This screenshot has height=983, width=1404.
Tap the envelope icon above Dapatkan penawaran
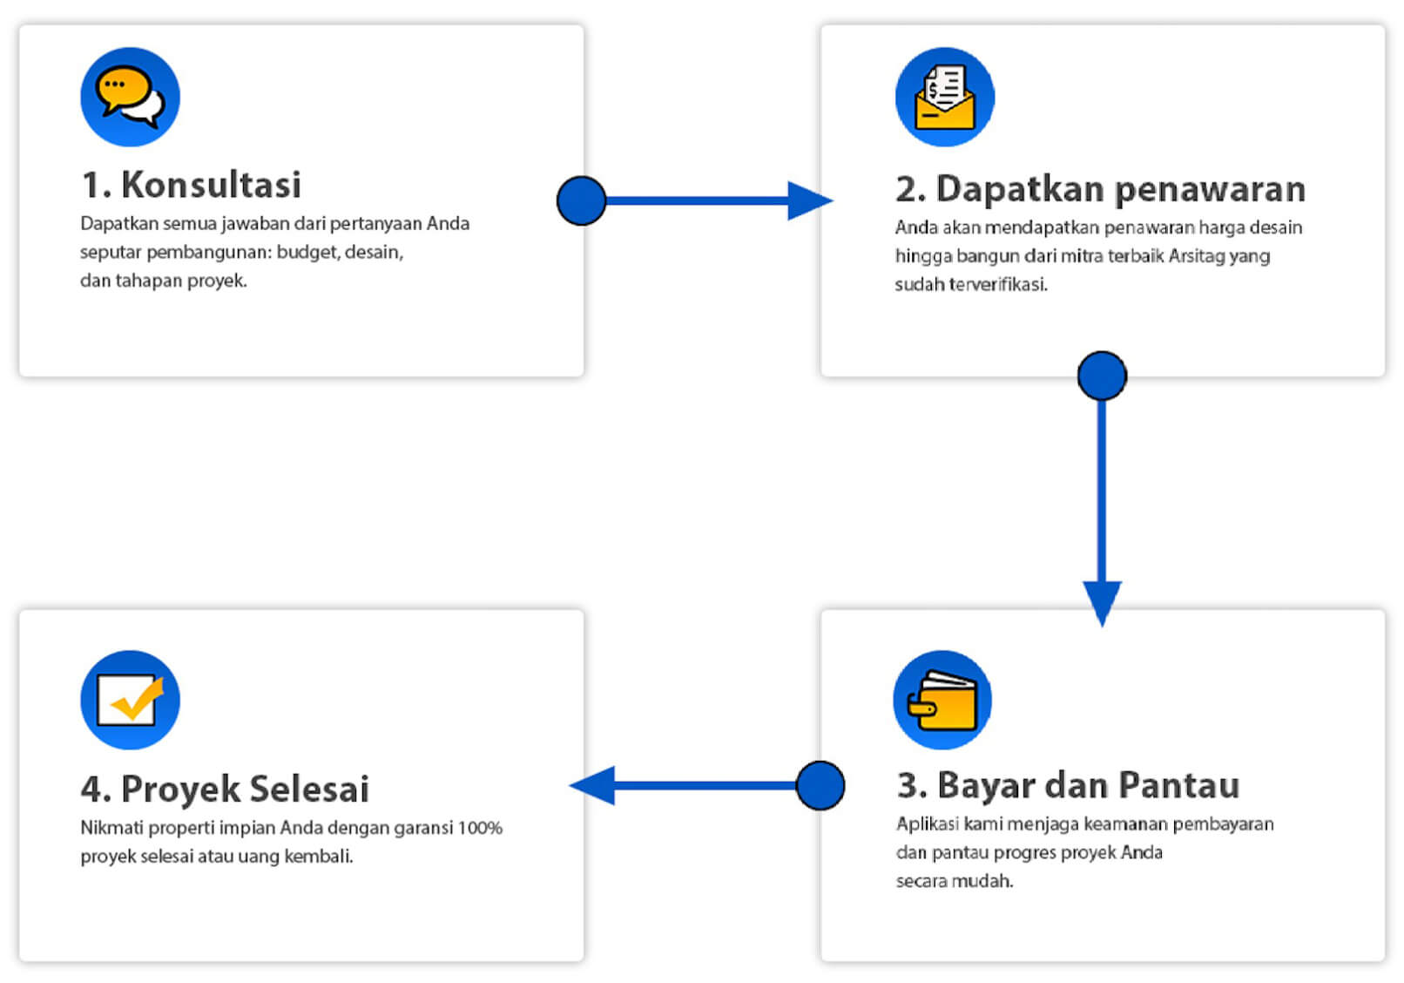945,98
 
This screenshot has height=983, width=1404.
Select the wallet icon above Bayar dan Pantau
942,700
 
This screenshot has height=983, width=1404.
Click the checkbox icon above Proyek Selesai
131,700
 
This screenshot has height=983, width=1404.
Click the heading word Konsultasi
212,185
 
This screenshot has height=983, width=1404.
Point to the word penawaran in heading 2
1211,189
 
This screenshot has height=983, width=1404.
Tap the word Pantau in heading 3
1179,785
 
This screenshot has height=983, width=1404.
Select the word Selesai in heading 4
307,789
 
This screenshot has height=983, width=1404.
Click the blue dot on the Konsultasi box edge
581,200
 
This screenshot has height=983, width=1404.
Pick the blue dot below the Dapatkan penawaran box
1102,376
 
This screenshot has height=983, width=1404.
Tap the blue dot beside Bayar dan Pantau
820,785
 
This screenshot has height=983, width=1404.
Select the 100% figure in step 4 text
480,828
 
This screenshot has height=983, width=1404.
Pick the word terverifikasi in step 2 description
998,284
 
